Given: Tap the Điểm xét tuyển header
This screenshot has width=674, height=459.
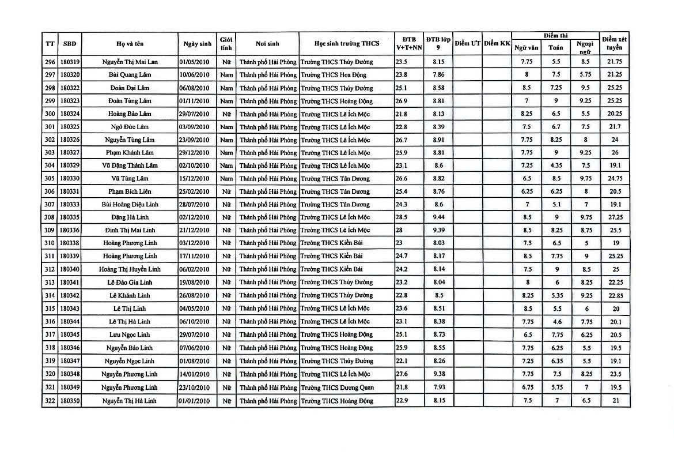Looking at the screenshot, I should tap(614, 43).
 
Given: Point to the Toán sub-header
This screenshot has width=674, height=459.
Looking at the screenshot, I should tap(555, 48).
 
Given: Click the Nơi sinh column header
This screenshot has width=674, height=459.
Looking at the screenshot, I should tap(267, 43).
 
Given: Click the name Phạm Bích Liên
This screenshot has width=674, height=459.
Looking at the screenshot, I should tap(129, 191).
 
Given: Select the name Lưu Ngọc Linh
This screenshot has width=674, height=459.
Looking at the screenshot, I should tap(129, 334).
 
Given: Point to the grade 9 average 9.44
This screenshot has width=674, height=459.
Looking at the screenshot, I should tap(438, 217).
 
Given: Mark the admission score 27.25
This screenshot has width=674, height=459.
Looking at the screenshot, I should tap(614, 217).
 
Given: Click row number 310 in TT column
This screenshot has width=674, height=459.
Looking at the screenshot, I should tap(50, 243).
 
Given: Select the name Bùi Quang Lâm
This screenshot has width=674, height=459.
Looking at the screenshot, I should tap(129, 74).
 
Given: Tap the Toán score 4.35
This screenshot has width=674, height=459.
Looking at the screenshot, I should tap(555, 165).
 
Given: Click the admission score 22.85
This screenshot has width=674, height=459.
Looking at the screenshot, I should tap(614, 295).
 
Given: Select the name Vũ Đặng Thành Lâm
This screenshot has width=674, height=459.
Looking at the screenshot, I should tap(129, 165).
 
